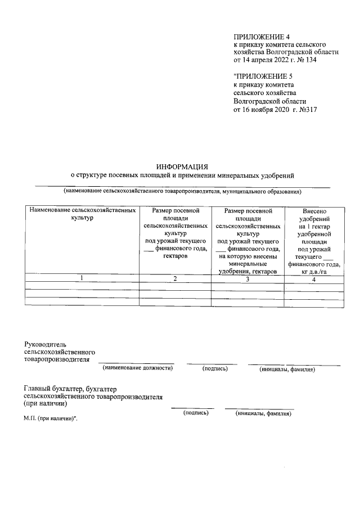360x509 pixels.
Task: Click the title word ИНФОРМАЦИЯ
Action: [182, 166]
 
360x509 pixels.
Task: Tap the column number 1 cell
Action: [83, 279]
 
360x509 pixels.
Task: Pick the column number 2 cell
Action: [175, 279]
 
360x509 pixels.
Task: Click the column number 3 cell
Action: [247, 279]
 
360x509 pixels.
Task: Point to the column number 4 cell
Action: [314, 279]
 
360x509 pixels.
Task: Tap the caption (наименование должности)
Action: [137, 368]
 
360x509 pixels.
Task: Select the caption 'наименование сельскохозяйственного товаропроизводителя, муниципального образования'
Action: [182, 192]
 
